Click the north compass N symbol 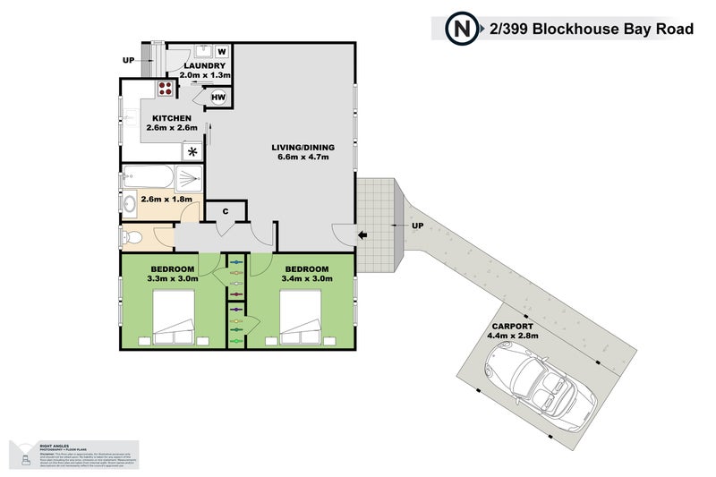(462, 29)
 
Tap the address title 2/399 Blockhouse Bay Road (592, 29)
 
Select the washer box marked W (221, 51)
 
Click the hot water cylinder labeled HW (218, 97)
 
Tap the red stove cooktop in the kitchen (166, 88)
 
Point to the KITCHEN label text (172, 118)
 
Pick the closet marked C (226, 212)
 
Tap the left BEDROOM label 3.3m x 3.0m (172, 274)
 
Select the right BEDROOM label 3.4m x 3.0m (306, 274)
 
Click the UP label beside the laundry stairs (128, 61)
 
